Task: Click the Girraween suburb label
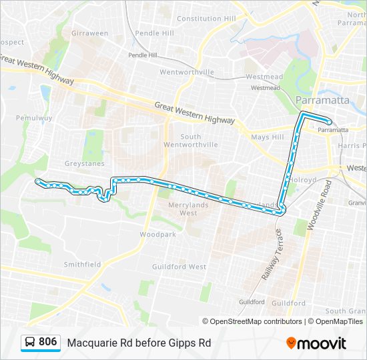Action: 89,33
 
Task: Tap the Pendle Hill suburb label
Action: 154,33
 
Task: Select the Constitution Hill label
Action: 206,19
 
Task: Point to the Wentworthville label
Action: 186,72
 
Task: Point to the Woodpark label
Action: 157,235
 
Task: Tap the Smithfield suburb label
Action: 82,264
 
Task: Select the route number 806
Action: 48,342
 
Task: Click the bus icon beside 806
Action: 30,343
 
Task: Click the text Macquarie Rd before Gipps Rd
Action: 139,343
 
